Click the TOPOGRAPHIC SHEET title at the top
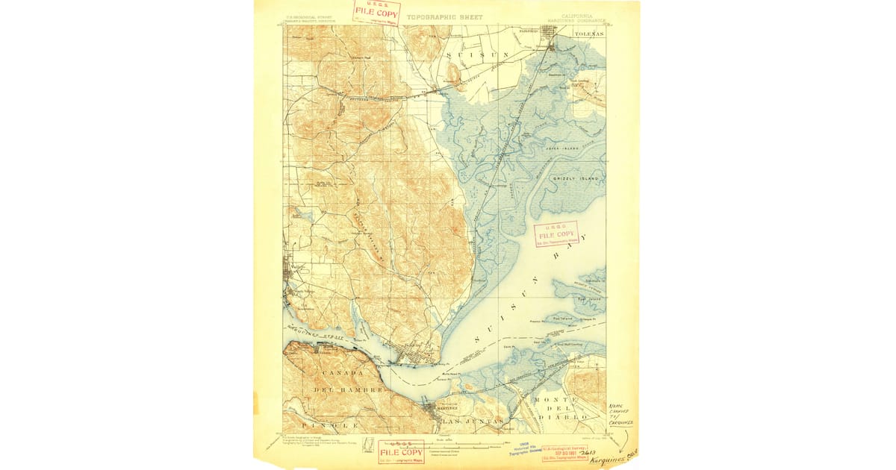444,17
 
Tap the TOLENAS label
588,34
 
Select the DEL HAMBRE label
349,389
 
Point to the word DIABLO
576,419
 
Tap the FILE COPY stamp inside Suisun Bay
557,233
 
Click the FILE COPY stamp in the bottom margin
400,451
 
